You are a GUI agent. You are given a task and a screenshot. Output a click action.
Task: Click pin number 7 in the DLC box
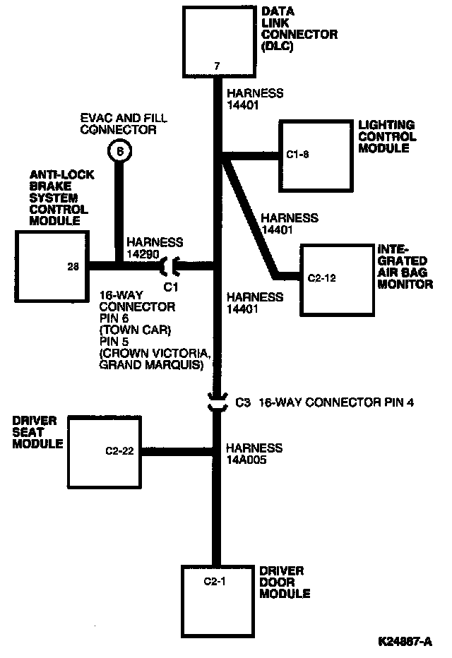tap(217, 66)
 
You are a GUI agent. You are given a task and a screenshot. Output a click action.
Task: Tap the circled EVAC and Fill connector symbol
tap(119, 151)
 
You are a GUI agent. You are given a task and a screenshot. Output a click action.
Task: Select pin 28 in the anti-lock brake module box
tap(73, 266)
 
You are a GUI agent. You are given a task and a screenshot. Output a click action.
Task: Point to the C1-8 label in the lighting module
tap(297, 155)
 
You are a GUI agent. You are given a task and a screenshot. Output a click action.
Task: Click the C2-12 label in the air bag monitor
tap(321, 278)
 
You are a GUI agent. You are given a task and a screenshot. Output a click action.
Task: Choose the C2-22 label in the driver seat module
tap(119, 450)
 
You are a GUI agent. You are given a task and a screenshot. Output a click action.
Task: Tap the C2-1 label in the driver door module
tap(215, 581)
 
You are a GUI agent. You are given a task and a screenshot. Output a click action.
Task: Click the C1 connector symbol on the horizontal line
tap(171, 266)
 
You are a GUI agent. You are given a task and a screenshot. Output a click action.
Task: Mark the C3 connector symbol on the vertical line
tap(218, 402)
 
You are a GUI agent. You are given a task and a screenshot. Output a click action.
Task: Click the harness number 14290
tap(143, 254)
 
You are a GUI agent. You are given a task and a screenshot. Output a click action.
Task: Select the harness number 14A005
tap(246, 460)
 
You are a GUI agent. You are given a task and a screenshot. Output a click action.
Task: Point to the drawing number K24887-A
tap(405, 641)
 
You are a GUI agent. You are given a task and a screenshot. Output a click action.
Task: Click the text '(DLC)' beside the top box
tap(278, 46)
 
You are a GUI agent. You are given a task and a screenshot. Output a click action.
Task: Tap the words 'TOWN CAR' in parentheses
tap(136, 330)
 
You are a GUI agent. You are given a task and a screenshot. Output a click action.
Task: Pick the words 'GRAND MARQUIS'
tap(150, 365)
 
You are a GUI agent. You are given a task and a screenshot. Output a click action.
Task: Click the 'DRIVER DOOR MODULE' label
tap(285, 582)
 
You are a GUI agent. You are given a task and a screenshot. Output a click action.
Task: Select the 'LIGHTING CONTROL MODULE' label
tap(386, 136)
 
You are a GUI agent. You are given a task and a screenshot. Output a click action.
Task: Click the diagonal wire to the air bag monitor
tap(250, 217)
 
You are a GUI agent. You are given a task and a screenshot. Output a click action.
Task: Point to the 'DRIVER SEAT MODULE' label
tap(37, 432)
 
